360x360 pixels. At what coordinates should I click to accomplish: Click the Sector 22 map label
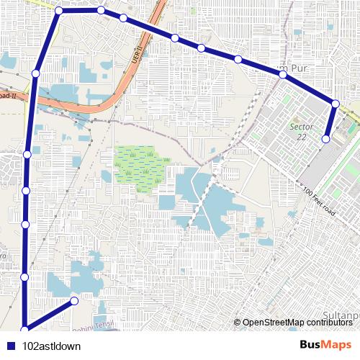297,132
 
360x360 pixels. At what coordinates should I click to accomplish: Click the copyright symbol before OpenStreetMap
238,323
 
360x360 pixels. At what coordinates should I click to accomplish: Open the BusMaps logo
325,345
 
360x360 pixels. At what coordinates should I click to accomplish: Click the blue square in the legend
11,346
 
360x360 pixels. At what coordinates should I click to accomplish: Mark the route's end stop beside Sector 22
326,138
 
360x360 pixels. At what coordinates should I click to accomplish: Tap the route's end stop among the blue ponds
75,300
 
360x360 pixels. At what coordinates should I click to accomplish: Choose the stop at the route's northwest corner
58,11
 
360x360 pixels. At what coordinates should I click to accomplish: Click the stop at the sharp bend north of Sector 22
336,104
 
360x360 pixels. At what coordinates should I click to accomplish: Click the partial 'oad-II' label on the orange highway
6,94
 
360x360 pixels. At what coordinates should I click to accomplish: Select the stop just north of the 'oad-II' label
35,73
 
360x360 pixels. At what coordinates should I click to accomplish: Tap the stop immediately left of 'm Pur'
238,58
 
